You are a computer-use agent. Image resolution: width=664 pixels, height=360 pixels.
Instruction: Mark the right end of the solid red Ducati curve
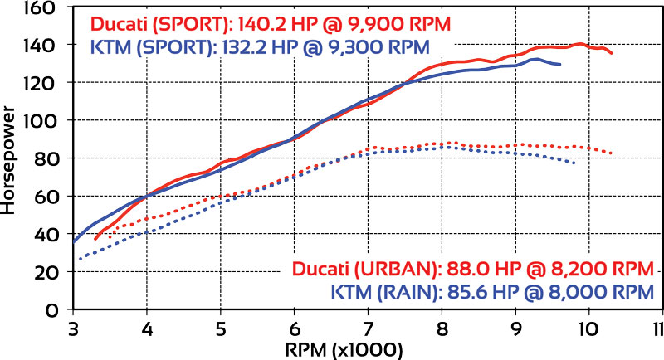click(613, 54)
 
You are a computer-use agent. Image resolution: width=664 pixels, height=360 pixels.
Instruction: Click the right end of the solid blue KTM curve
click(561, 64)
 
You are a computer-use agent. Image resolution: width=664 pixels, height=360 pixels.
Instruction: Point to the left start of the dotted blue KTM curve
click(80, 259)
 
